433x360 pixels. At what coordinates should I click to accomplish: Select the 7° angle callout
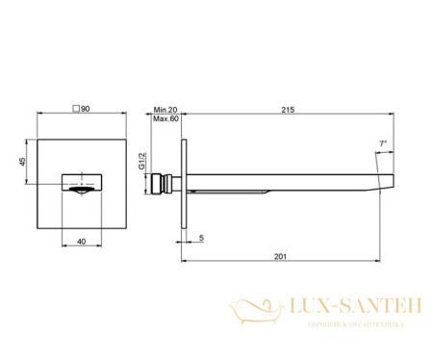pyautogui.click(x=382, y=143)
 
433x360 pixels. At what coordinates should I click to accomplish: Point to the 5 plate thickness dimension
pyautogui.click(x=200, y=238)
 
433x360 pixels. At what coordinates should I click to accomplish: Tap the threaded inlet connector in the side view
pyautogui.click(x=170, y=180)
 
